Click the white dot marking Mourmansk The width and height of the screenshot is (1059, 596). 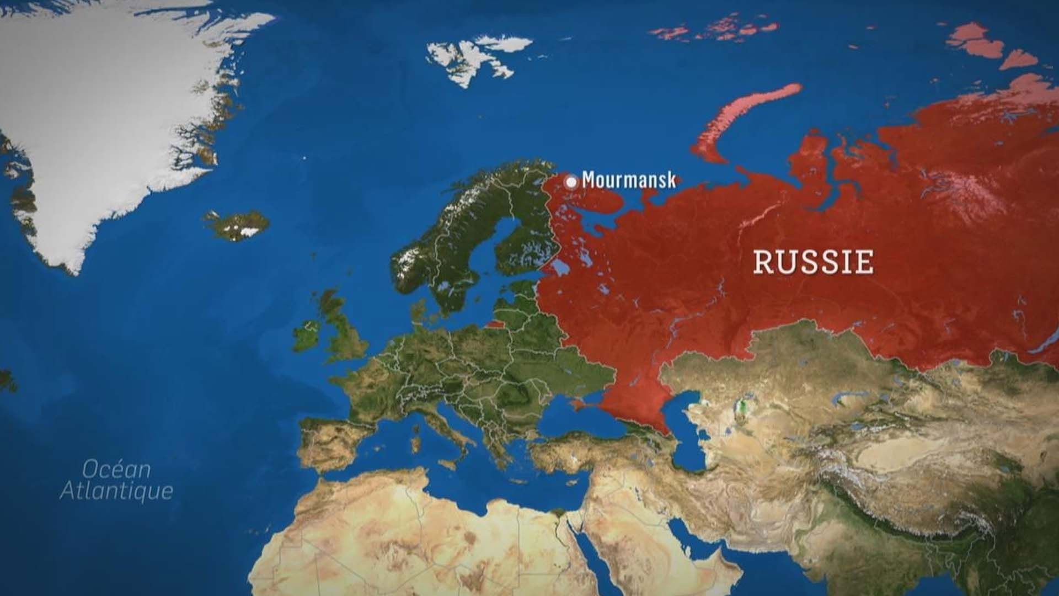(x=571, y=182)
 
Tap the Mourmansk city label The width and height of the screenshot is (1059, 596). (x=628, y=180)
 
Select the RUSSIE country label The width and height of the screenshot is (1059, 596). (x=814, y=262)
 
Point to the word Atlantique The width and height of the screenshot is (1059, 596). (x=116, y=491)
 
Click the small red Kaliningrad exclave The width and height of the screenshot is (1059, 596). (x=495, y=323)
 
